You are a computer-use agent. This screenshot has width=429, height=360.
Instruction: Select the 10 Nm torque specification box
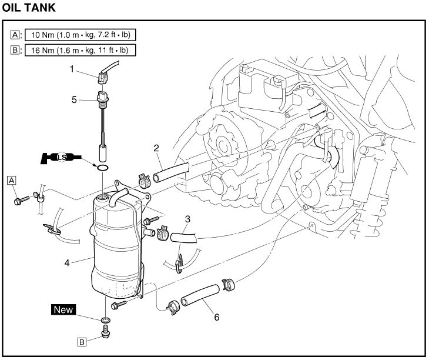point(79,35)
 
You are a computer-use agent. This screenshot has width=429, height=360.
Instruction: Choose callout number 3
point(187,220)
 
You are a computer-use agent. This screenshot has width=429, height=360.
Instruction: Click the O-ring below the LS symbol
point(102,168)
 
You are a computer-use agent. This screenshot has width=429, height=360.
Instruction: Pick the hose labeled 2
point(170,171)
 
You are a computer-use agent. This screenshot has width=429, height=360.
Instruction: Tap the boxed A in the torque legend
point(15,35)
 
